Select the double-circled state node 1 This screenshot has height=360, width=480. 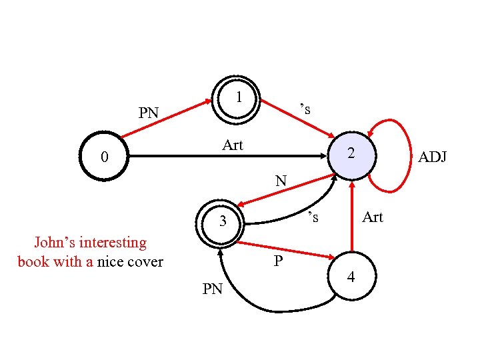[x=237, y=99]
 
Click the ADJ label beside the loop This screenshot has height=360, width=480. [x=432, y=157]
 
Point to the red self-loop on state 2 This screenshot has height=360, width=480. [x=399, y=153]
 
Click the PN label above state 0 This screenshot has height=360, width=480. [x=149, y=113]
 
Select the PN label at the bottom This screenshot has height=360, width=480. [x=212, y=289]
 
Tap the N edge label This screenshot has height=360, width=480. [x=281, y=180]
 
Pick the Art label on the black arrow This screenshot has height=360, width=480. [x=233, y=145]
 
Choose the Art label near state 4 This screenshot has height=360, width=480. [x=372, y=217]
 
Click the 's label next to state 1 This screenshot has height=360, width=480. [x=305, y=109]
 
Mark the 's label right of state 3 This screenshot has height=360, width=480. [x=313, y=217]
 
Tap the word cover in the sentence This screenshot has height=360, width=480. [x=145, y=261]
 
